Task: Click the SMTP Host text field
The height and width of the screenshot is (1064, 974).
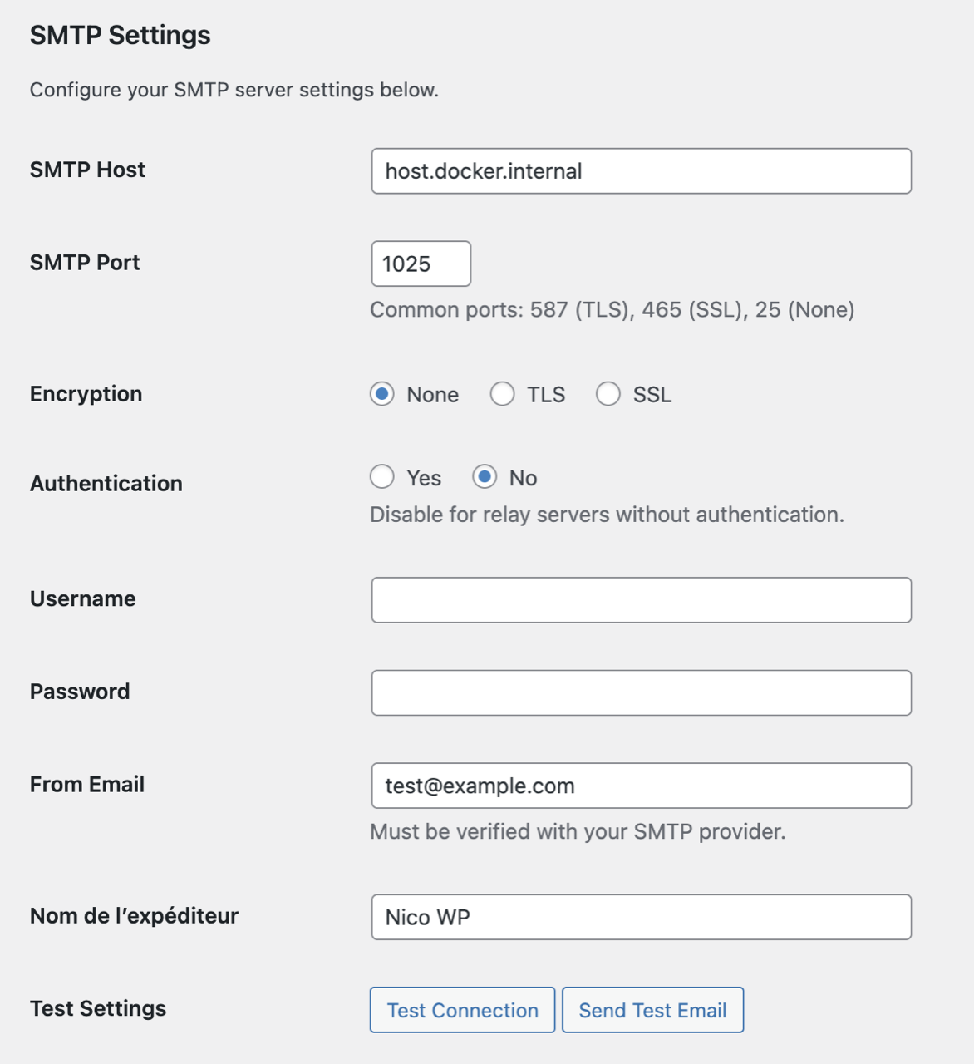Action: click(641, 171)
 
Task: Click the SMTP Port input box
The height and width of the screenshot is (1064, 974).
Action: click(421, 264)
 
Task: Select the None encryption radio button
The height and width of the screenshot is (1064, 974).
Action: click(382, 394)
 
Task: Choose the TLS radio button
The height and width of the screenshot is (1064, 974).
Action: click(502, 394)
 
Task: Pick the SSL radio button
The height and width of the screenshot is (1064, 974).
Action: click(608, 394)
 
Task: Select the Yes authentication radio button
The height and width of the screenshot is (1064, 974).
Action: click(382, 477)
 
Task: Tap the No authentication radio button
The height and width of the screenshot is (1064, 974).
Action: click(485, 477)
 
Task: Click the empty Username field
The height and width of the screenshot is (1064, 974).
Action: click(641, 600)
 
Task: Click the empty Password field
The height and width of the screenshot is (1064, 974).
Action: click(641, 692)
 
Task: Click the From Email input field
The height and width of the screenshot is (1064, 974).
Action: click(641, 786)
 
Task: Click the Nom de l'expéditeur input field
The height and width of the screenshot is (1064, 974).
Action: click(641, 917)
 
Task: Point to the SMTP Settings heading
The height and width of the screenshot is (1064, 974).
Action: click(121, 36)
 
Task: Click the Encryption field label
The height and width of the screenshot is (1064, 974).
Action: click(86, 394)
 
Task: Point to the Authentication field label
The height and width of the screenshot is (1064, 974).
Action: click(106, 484)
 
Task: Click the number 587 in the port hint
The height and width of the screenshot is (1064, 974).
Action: click(548, 310)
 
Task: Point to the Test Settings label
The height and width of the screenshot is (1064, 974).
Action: click(98, 1009)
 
